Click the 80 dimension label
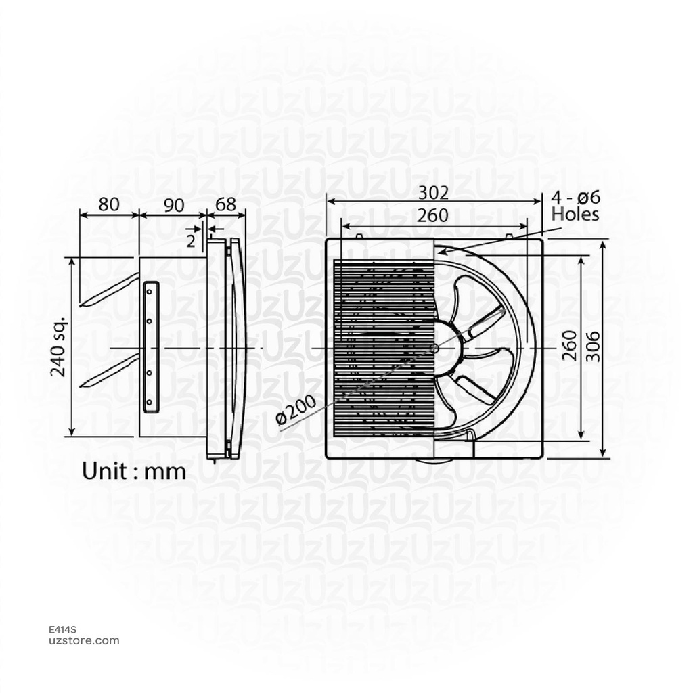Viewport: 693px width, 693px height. (110, 204)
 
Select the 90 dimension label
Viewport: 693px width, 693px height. (174, 204)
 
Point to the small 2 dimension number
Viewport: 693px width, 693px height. (191, 240)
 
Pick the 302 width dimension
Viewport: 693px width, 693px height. (433, 193)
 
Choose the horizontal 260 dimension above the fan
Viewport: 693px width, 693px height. (433, 216)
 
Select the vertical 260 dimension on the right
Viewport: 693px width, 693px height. (570, 345)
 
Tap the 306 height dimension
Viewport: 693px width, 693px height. (593, 345)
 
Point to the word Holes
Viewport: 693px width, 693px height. (575, 215)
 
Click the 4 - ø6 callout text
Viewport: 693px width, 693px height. (576, 198)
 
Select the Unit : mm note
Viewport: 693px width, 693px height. (134, 471)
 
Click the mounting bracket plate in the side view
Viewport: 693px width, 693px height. (150, 346)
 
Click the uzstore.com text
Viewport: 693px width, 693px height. (85, 640)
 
